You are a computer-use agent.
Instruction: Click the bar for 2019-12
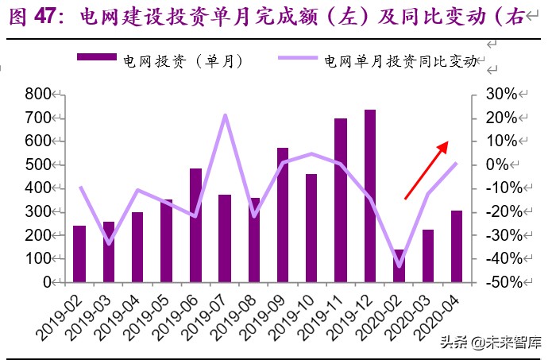tap(370, 195)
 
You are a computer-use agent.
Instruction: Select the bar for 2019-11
tap(341, 200)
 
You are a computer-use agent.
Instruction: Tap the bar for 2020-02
tap(399, 265)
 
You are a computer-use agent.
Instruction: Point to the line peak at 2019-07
tap(225, 115)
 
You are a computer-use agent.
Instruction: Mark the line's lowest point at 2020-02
tap(399, 266)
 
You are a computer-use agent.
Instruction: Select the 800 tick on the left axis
tap(37, 95)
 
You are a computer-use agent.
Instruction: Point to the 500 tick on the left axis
tap(37, 165)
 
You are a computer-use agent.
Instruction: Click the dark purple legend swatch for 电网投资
tap(95, 58)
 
